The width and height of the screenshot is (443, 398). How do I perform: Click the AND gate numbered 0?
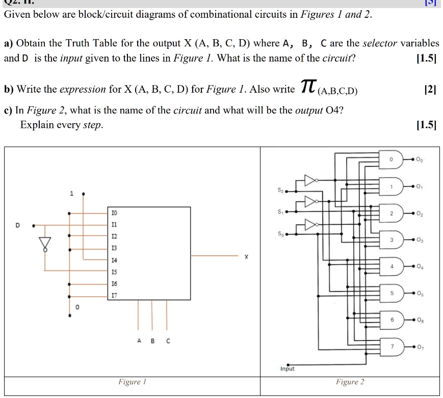pos(393,159)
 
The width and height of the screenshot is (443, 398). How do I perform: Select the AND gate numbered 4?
pos(393,266)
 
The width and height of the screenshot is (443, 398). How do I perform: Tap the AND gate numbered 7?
pos(393,346)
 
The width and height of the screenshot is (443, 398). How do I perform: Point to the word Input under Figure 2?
pos(288,368)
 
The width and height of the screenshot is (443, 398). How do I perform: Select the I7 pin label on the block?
pos(114,295)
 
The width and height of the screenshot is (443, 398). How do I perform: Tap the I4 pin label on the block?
pos(114,260)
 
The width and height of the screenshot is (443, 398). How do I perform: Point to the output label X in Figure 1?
pos(246,258)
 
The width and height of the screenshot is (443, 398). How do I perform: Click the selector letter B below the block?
pos(152,342)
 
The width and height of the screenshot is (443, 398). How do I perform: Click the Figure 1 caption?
pos(129,382)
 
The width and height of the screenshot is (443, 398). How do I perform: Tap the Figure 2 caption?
pos(350,382)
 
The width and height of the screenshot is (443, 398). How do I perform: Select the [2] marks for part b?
pos(431,90)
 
